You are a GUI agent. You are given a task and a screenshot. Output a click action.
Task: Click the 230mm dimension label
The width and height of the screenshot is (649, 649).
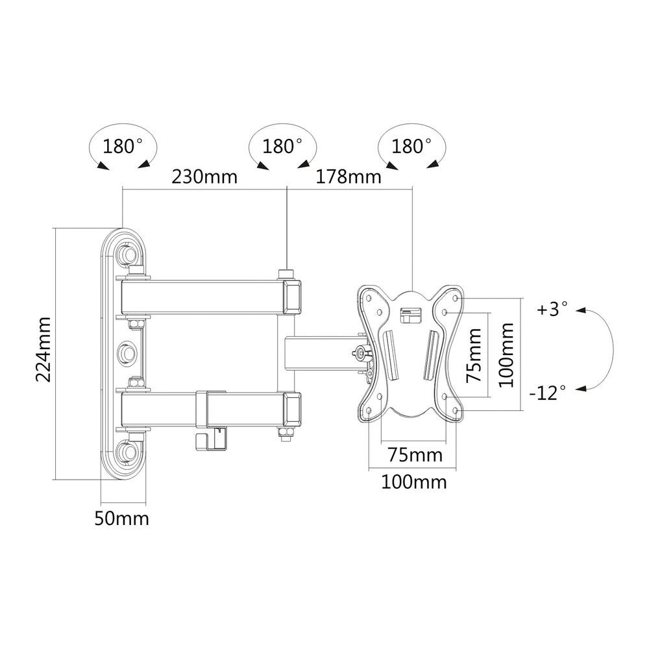[x=204, y=177]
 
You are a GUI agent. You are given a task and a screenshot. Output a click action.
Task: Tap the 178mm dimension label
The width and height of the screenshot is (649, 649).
[x=349, y=177]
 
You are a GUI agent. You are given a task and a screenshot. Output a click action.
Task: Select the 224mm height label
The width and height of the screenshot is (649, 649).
[x=43, y=350]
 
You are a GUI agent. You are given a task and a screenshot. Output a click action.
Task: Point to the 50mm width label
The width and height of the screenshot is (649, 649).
[x=122, y=518]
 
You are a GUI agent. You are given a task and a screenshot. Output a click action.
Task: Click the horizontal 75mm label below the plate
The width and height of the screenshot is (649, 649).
[x=415, y=456]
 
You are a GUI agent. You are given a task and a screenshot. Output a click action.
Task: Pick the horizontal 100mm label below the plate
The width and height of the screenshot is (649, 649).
[x=414, y=482]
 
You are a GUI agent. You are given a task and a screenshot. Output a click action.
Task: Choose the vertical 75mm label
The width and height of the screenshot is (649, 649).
[x=474, y=355]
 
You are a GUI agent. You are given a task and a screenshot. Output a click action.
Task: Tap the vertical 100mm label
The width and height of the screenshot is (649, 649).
[x=506, y=355]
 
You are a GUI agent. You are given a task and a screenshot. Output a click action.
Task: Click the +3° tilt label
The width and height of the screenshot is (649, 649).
[x=552, y=309]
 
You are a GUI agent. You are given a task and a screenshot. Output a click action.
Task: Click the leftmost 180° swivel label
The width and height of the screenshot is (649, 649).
[x=123, y=147]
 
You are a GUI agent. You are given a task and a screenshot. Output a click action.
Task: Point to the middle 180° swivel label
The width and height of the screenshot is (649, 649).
[x=282, y=147]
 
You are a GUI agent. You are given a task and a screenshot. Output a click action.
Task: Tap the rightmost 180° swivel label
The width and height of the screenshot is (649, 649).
[x=411, y=147]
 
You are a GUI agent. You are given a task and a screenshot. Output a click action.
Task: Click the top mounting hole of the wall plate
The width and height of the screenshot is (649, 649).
[x=127, y=252]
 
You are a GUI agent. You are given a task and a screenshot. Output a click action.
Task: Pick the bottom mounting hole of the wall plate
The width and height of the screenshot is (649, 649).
[x=127, y=450]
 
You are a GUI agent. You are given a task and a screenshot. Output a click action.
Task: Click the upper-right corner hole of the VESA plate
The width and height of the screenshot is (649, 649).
[x=456, y=298]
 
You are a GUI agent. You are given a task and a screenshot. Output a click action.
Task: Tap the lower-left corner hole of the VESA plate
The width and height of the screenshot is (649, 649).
[x=369, y=411]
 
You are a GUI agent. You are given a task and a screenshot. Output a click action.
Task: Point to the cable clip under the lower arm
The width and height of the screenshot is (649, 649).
[x=211, y=439]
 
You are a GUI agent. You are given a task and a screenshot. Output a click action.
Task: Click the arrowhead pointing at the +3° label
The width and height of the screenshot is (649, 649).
[x=581, y=310]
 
